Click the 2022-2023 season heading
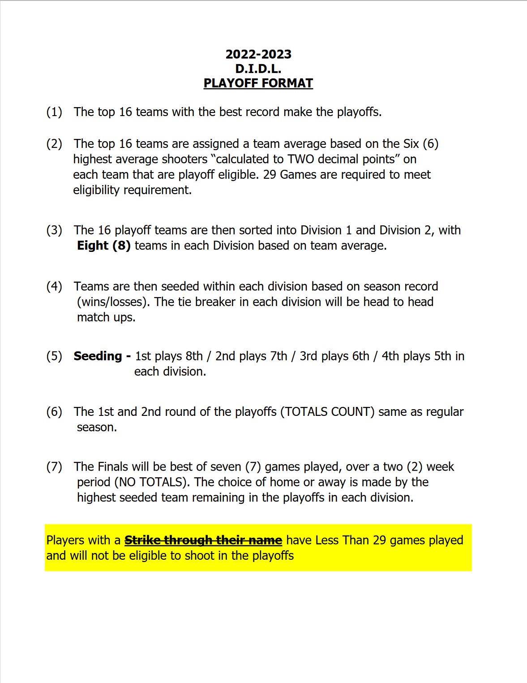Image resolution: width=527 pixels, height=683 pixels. (258, 54)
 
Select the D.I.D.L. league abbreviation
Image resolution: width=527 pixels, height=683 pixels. (258, 69)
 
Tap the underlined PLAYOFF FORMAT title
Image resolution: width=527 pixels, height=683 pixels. (258, 83)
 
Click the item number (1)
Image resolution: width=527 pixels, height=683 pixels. (54, 112)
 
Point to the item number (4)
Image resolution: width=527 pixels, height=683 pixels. (54, 286)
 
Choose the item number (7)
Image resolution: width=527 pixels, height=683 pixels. (54, 467)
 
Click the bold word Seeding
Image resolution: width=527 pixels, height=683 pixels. (98, 356)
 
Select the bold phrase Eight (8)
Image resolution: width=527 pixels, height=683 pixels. (104, 246)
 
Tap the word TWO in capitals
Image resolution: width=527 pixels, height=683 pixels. (301, 159)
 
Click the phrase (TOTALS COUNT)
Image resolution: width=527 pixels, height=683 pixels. (327, 411)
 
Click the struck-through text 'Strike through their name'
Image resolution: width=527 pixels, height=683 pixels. (203, 540)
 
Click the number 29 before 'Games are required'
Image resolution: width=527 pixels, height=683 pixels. (270, 174)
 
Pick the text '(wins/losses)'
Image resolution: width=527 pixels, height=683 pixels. (113, 302)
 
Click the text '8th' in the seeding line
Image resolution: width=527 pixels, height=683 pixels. (194, 356)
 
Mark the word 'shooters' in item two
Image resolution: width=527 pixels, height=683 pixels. (184, 159)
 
